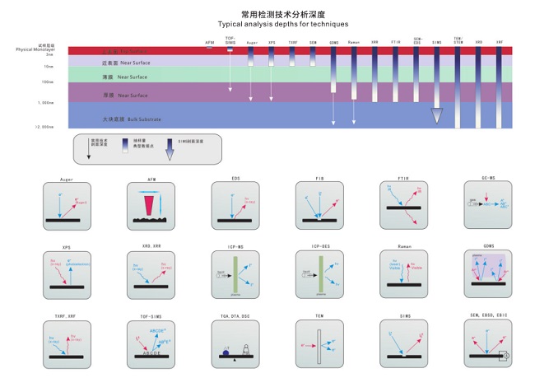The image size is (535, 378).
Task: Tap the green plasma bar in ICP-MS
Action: pyautogui.click(x=237, y=273)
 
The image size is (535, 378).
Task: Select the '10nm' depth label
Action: pyautogui.click(x=49, y=66)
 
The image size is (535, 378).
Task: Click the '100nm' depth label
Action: pyautogui.click(x=49, y=82)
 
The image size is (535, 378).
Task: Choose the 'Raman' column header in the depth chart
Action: pyautogui.click(x=354, y=41)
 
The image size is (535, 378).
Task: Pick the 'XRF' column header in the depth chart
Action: pyautogui.click(x=500, y=41)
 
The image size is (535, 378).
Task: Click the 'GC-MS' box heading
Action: pyautogui.click(x=489, y=179)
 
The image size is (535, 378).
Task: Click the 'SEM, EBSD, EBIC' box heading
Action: pyautogui.click(x=489, y=315)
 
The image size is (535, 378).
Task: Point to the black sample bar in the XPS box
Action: pyautogui.click(x=68, y=287)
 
